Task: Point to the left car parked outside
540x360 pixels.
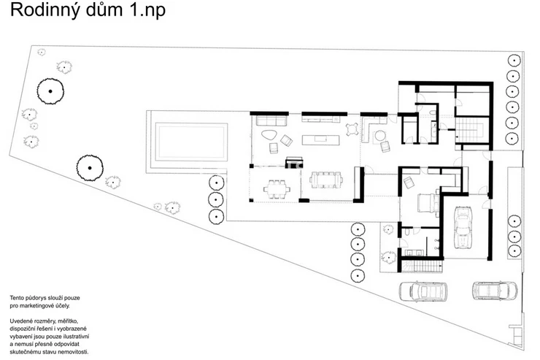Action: click(x=425, y=291)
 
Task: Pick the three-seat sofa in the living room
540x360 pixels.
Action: click(x=268, y=119)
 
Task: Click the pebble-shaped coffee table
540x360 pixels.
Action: click(x=270, y=134)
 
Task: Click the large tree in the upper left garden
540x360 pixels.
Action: click(x=50, y=91)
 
